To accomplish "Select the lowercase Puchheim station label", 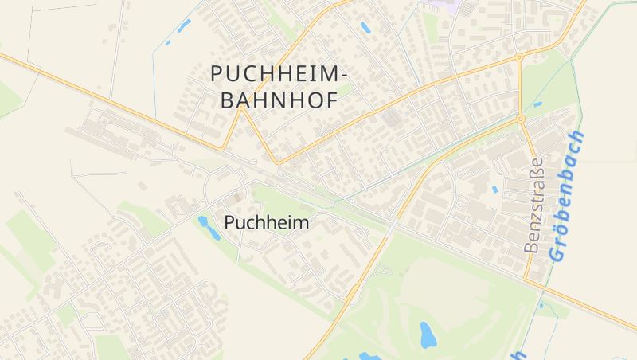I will (267, 223).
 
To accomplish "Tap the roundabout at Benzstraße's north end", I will (520, 119).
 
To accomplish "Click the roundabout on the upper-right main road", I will (519, 57).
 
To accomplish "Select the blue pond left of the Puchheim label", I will (209, 228).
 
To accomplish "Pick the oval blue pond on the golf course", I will (428, 335).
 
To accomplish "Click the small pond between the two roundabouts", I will (537, 104).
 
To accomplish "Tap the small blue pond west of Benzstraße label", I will (494, 190).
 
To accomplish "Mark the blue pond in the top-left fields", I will (184, 25).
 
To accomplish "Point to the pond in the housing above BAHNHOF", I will (365, 27).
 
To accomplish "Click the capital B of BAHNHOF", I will (226, 100).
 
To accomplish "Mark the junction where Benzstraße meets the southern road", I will (526, 280).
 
